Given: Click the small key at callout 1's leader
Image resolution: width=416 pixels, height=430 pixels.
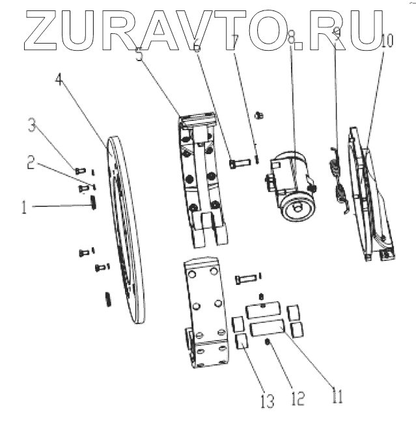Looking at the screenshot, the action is (x=94, y=204).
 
